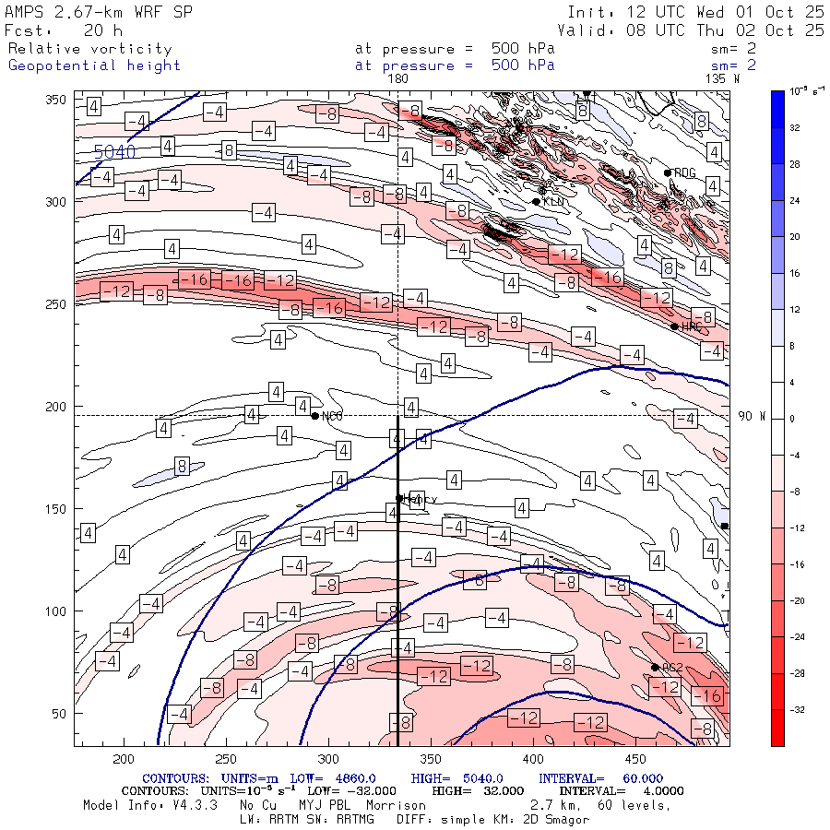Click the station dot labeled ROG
point(668,172)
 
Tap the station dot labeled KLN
point(536,201)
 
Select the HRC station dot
point(674,326)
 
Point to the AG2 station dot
point(655,667)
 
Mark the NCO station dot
point(315,416)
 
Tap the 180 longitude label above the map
point(397,79)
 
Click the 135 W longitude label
point(721,79)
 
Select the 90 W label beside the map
point(752,416)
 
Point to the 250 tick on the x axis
point(226,758)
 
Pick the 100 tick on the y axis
point(57,611)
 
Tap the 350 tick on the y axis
point(57,100)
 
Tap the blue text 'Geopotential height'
point(94,65)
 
